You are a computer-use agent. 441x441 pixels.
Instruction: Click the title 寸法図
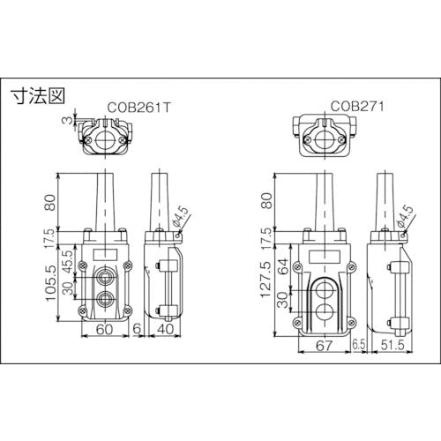37,95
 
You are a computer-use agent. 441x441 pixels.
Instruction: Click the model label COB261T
138,108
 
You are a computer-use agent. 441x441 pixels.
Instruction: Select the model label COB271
357,106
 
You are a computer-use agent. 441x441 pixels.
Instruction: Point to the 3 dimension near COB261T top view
68,120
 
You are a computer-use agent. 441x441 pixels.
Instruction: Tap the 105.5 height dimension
50,283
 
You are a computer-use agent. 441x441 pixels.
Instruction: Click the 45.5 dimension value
68,262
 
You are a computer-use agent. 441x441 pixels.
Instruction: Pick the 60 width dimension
104,329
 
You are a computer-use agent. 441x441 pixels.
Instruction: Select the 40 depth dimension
166,329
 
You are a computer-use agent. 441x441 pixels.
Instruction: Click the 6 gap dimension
137,329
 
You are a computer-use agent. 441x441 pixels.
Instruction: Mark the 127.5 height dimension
266,280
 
